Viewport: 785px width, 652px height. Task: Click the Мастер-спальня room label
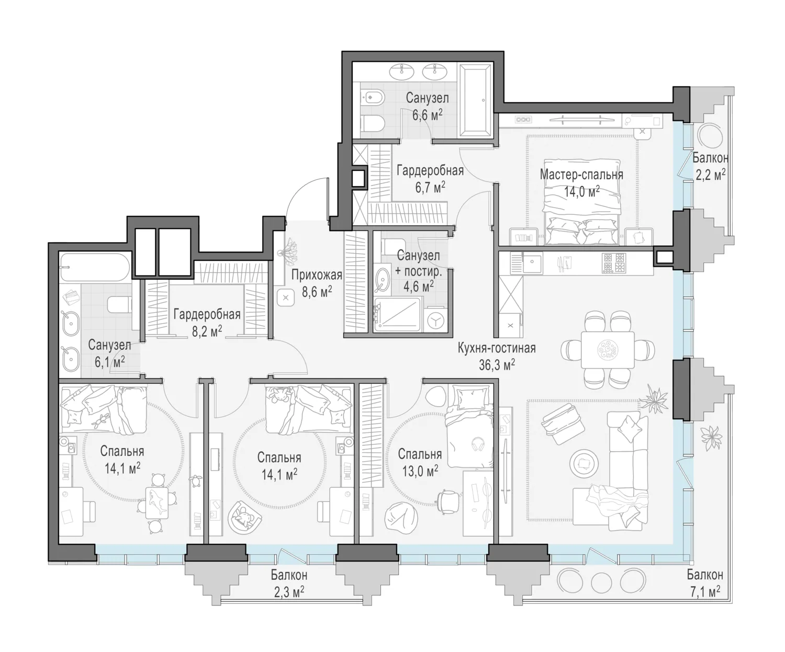coord(581,175)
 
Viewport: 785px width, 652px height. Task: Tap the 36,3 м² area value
coord(497,364)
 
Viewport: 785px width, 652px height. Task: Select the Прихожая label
coord(317,276)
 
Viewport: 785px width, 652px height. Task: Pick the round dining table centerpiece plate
coord(608,350)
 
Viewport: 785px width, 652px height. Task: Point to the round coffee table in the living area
coord(584,464)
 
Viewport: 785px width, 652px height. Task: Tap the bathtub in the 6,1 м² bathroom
coord(95,267)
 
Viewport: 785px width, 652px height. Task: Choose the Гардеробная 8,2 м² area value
coord(206,331)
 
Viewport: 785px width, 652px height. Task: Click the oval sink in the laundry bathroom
coord(383,280)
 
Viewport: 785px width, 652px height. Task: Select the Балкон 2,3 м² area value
coord(289,592)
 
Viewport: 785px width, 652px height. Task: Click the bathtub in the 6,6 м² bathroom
coord(475,100)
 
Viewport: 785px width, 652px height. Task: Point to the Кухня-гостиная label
coord(497,348)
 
